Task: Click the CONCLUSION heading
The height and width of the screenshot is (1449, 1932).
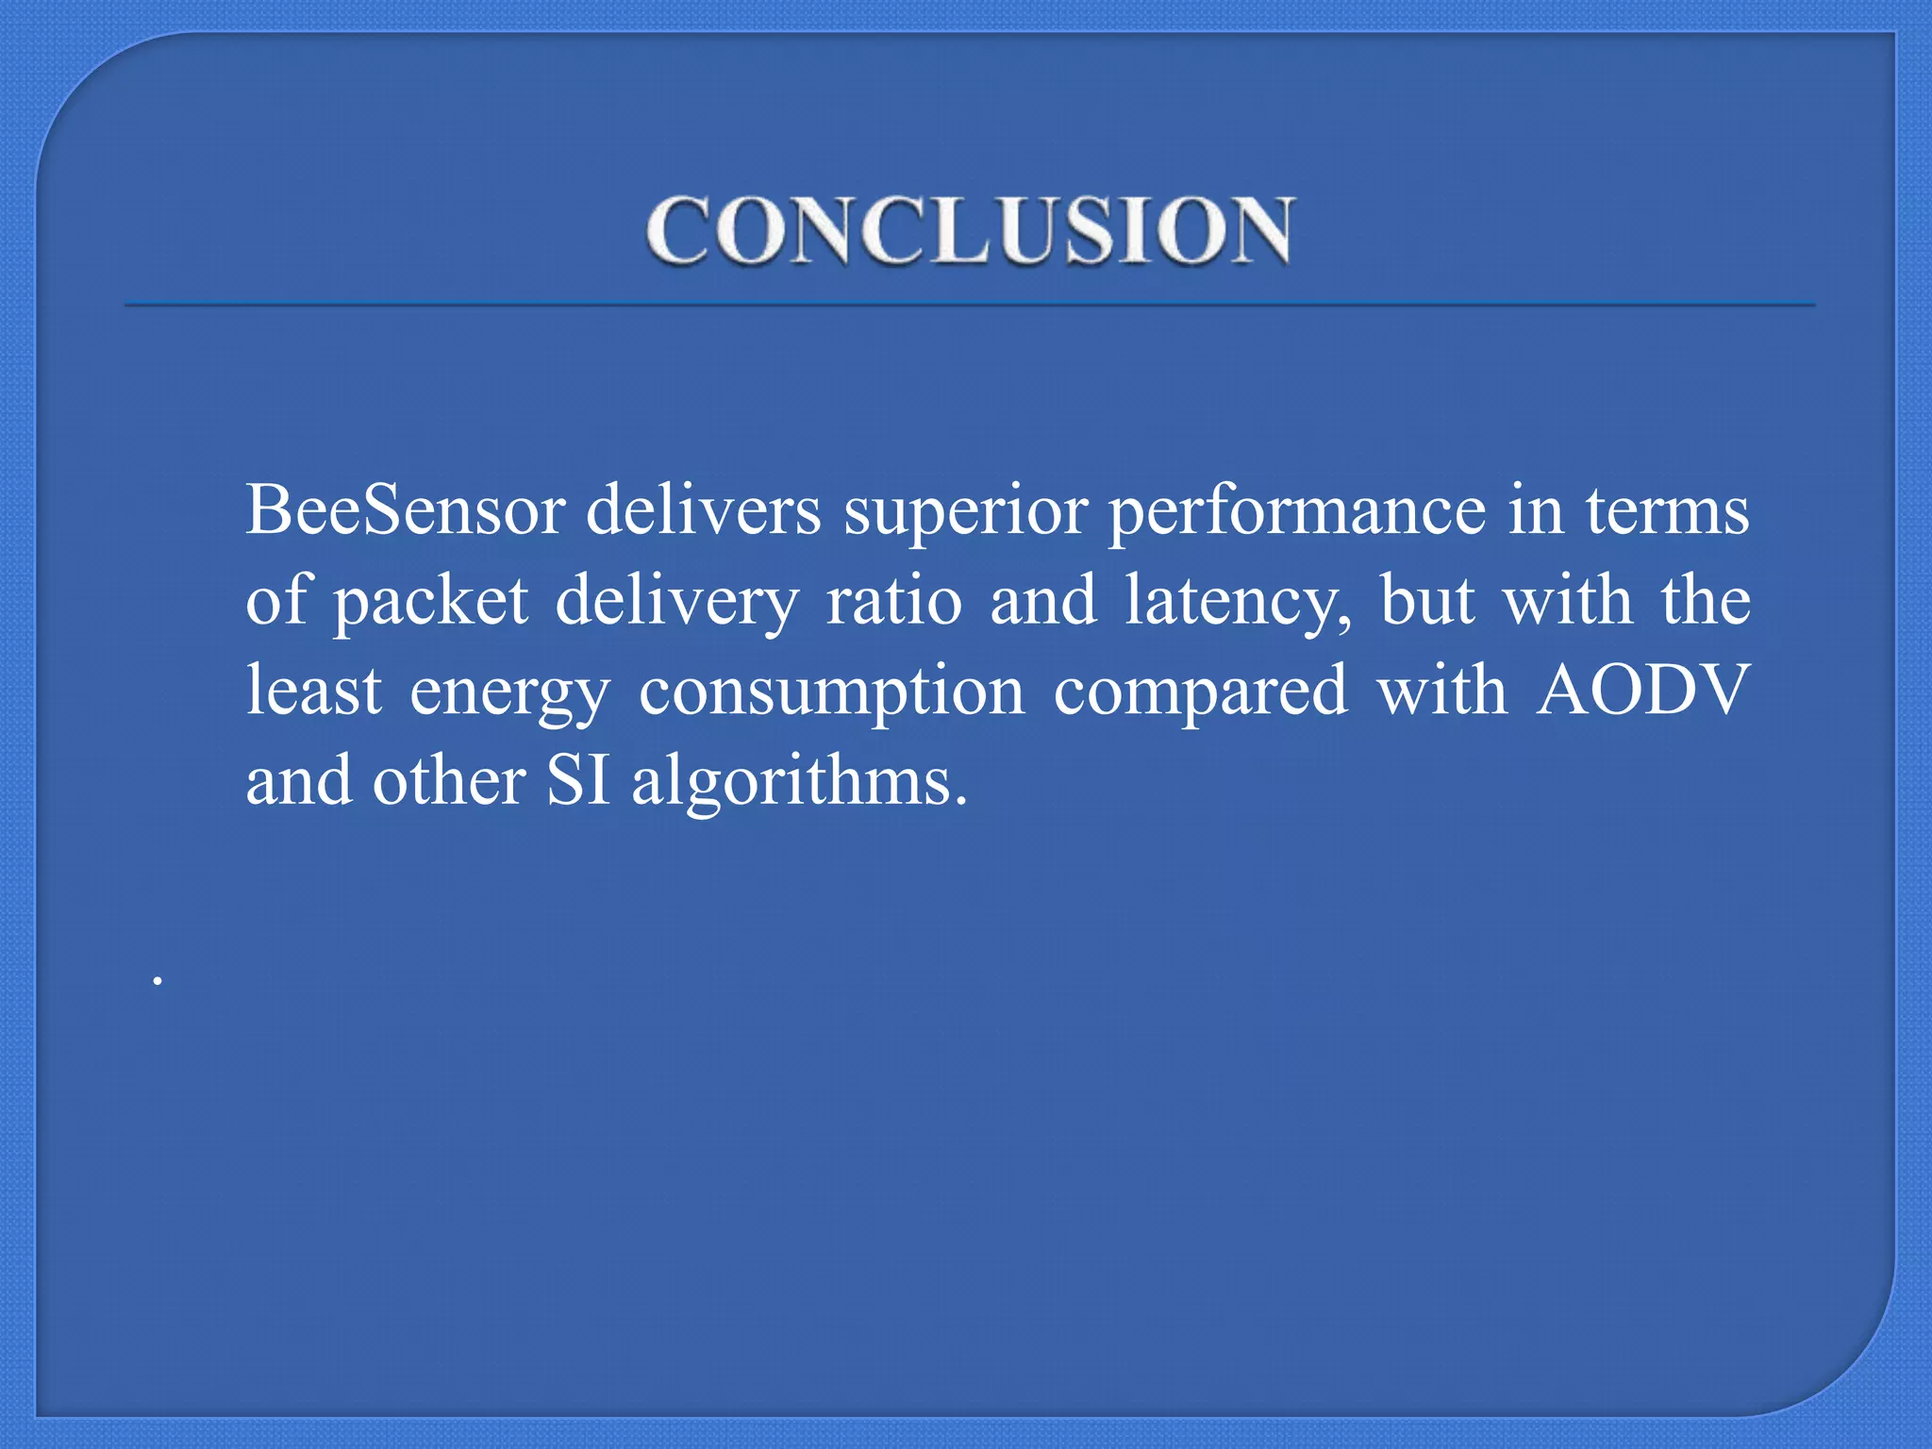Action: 969,231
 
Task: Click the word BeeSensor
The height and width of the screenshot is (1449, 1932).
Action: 406,510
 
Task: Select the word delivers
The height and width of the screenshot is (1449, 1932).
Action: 704,510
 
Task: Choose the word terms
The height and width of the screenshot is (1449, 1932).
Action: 1667,510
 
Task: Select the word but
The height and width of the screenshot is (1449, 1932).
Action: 1427,601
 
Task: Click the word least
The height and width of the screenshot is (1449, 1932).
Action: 314,690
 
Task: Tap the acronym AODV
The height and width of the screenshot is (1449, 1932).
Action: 1642,690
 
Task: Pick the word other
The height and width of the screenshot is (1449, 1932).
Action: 449,781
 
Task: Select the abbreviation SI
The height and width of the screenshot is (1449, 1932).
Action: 578,781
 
